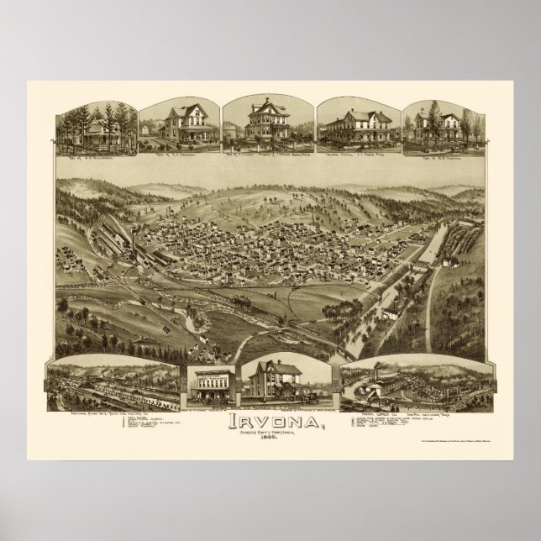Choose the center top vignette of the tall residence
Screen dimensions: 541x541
click(x=268, y=123)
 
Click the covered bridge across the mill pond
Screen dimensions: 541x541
click(x=432, y=260)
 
